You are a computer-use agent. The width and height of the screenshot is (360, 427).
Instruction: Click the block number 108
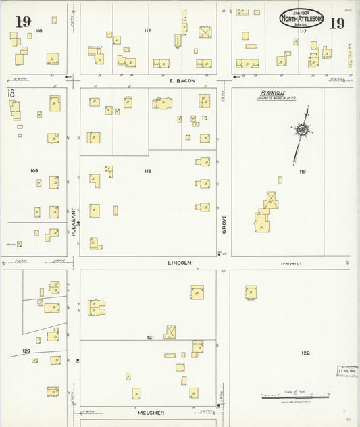pyautogui.click(x=38, y=31)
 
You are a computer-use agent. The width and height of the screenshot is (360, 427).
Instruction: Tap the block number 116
pyautogui.click(x=148, y=30)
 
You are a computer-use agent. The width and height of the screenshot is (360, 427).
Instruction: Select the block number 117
pyautogui.click(x=303, y=31)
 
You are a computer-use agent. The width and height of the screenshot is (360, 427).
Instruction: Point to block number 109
pyautogui.click(x=34, y=170)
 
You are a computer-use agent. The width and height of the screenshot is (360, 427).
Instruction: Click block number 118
pyautogui.click(x=148, y=171)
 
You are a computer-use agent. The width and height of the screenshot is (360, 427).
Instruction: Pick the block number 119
pyautogui.click(x=302, y=172)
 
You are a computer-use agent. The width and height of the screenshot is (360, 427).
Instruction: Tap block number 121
pyautogui.click(x=152, y=336)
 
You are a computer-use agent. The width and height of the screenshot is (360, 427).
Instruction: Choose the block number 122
pyautogui.click(x=305, y=353)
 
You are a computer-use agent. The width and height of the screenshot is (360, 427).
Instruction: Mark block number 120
pyautogui.click(x=26, y=351)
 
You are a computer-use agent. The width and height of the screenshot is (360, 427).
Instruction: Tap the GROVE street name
pyautogui.click(x=224, y=224)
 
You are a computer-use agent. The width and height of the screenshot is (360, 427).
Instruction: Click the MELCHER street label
pyautogui.click(x=151, y=412)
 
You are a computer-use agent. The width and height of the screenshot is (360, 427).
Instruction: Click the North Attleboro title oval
pyautogui.click(x=301, y=18)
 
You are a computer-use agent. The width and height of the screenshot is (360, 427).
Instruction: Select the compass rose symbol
pyautogui.click(x=301, y=130)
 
